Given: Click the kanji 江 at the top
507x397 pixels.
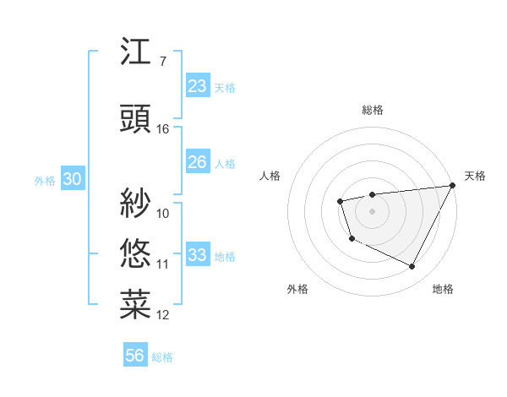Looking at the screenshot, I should click(136, 53).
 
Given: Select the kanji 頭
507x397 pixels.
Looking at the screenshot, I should click(136, 119).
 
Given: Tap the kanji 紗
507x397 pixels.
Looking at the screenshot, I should click(136, 203).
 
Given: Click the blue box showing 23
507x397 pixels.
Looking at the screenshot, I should click(197, 86).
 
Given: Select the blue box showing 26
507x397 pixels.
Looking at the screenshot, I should click(197, 162).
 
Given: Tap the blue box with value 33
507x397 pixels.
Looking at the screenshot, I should click(197, 255).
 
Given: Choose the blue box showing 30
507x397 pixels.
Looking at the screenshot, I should click(72, 180).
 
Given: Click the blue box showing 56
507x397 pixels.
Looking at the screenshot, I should click(135, 356).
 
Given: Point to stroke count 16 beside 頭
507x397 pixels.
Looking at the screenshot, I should click(163, 128).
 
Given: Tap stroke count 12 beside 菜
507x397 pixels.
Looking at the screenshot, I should click(163, 315).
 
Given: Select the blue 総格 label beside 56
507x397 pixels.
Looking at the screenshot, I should click(162, 357).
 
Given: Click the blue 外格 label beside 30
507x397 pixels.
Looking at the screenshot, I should click(45, 181).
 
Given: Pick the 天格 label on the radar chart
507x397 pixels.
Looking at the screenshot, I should click(475, 176).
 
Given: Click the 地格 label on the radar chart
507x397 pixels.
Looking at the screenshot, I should click(443, 289).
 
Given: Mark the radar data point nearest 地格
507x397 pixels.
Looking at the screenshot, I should click(412, 267).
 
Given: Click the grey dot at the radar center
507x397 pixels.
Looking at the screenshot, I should click(372, 210).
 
